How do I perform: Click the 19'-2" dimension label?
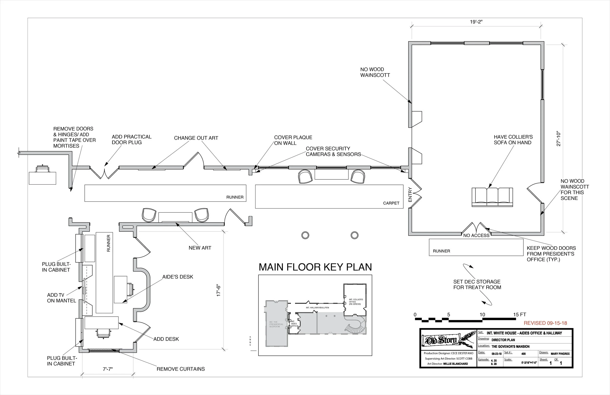point(476,22)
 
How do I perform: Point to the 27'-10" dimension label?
point(559,139)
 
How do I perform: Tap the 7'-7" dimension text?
point(108,369)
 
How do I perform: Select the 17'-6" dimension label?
point(218,291)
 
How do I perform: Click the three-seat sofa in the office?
point(492,197)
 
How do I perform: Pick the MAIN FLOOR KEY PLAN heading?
point(315,267)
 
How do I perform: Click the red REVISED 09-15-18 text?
point(545,323)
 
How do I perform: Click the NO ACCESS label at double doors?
point(476,235)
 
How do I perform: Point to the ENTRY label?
point(410,194)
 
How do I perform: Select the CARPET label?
point(391,203)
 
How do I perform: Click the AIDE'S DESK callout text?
point(178,277)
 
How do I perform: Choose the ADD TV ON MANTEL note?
point(61,298)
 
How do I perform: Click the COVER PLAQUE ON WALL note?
point(293,140)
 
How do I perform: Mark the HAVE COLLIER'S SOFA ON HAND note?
point(513,140)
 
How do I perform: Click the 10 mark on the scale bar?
point(482,315)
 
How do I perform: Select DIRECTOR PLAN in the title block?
point(503,340)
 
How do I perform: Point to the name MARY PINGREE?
point(560,354)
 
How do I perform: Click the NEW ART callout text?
point(200,248)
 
